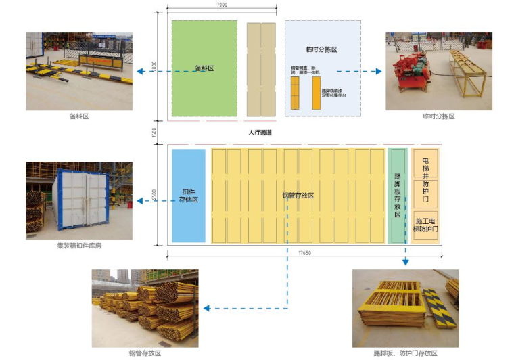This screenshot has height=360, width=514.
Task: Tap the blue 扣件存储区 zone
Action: pos(188,195)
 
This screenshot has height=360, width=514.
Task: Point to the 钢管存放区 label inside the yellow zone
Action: pos(298,196)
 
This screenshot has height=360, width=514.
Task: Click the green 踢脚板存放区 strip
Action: pos(397,195)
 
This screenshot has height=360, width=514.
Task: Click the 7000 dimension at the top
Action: pos(222,5)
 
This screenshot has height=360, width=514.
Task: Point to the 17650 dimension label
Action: pos(302,253)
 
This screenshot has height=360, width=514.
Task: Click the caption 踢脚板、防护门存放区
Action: pos(405,353)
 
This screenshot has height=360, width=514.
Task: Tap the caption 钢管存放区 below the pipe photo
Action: pos(145,353)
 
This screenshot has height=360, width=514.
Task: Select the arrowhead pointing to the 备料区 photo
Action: pos(137,71)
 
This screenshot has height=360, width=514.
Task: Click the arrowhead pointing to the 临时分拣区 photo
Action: pos(379,71)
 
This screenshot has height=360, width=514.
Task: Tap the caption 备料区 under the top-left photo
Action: pos(79,116)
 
